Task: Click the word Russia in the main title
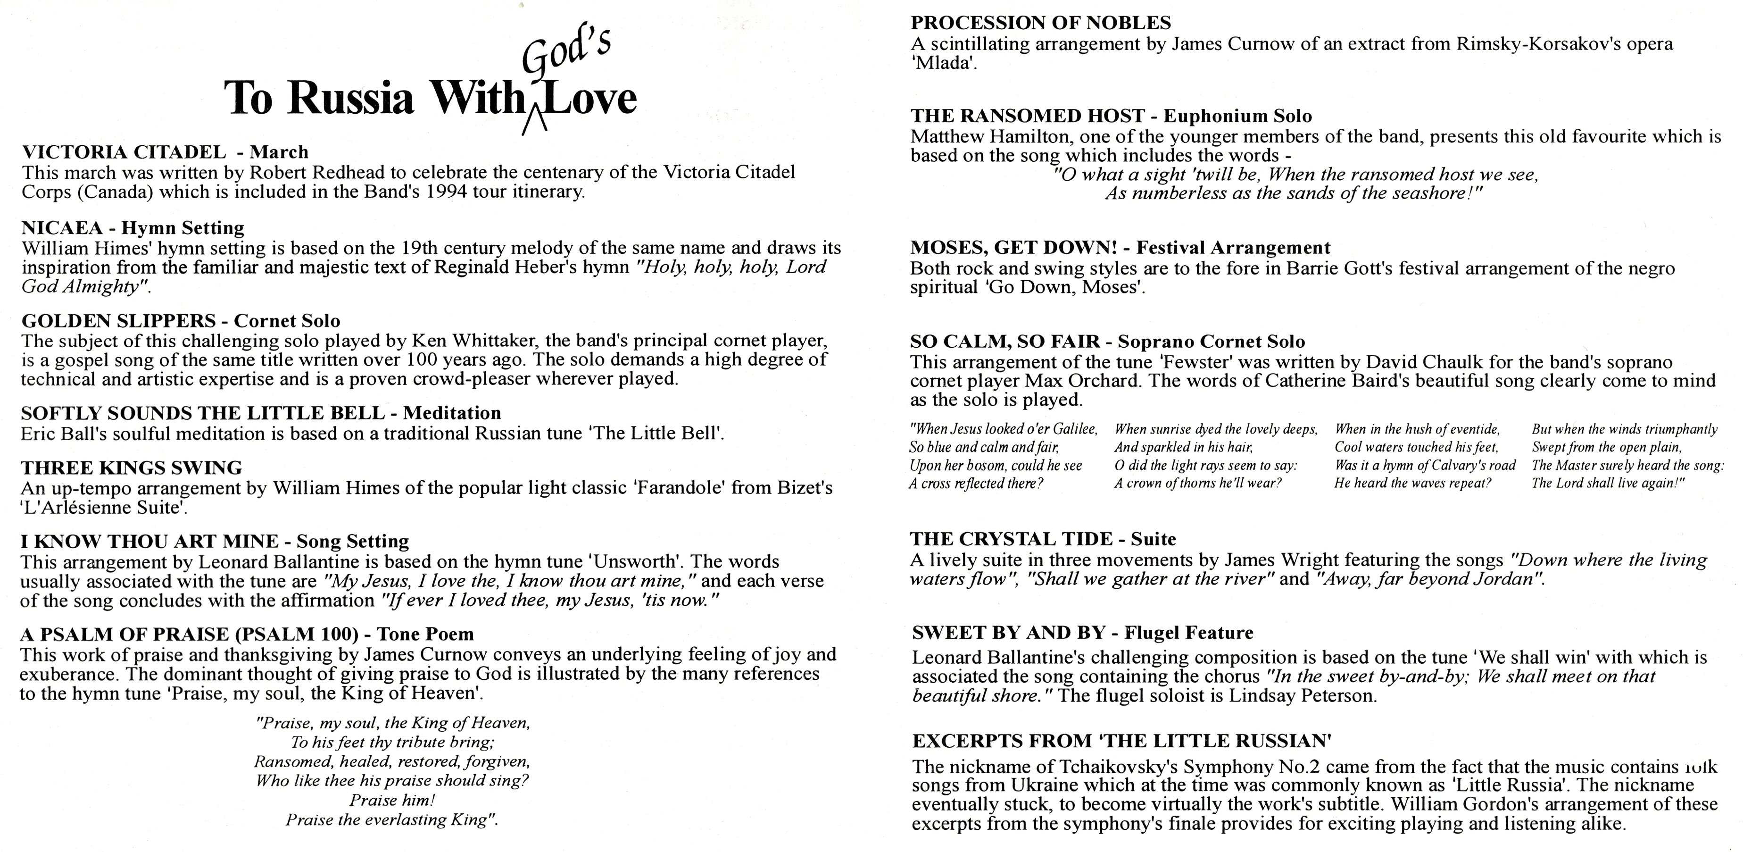pos(350,98)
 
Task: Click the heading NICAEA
pos(62,227)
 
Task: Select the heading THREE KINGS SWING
pos(131,468)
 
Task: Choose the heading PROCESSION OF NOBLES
pos(1041,23)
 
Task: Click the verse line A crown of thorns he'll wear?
pos(1198,483)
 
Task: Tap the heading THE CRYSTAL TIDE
pos(1011,539)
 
